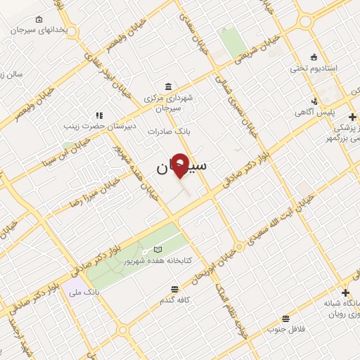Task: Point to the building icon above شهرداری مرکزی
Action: point(167,86)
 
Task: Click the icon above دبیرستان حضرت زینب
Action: point(99,115)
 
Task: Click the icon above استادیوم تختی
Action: point(314,57)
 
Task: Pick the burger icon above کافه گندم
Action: point(174,288)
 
